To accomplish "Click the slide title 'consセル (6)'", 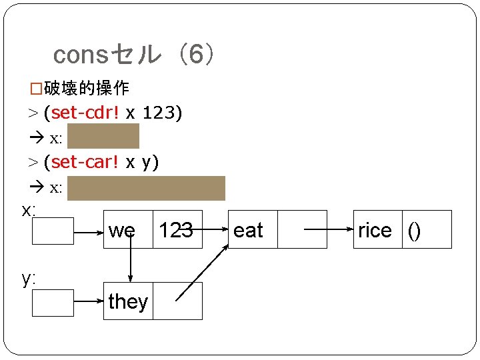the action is (133, 55).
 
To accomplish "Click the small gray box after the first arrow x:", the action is (103, 136).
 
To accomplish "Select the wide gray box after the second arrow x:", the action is (146, 188).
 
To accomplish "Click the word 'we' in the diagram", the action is (122, 231).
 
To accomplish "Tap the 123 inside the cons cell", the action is (176, 231).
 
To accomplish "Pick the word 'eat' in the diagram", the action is (248, 231).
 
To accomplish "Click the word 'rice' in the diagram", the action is (375, 231).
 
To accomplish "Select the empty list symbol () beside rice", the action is (415, 231).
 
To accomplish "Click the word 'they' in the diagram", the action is (127, 301).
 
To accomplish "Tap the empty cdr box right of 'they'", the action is (177, 301).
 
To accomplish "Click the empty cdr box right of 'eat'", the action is (302, 229).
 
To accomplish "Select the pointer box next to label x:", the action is (53, 231).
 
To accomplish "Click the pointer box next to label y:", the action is (53, 302).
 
